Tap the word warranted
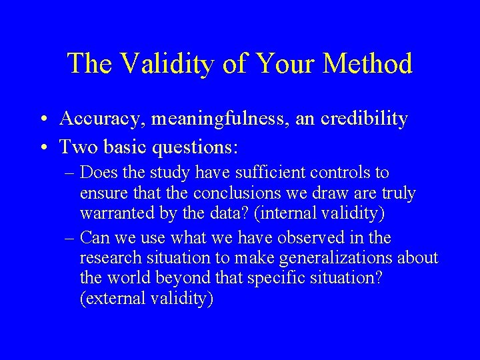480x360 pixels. pos(113,215)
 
